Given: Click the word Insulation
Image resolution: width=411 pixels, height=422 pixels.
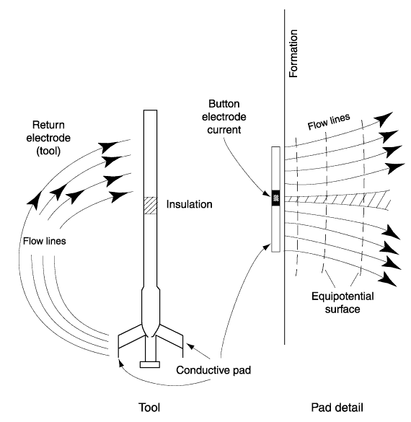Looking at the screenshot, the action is pos(189,204).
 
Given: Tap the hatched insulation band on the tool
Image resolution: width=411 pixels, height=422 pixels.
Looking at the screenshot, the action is pos(151,206).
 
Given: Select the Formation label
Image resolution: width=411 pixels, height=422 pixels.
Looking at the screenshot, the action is pos(293,53).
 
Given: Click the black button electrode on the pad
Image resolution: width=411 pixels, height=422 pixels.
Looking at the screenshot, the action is pos(275,198).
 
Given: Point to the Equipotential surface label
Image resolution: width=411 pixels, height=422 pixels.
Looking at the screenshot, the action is pos(342,302).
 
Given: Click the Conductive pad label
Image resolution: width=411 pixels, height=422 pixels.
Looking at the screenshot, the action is pos(213,370).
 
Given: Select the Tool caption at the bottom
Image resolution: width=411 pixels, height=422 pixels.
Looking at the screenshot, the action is pos(149,408).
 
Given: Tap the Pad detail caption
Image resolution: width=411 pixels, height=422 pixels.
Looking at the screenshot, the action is pos(337,408).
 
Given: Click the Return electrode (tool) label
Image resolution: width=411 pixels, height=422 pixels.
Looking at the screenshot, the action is pos(48,138).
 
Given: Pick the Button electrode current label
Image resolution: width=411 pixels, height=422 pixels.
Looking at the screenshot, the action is pos(224,117).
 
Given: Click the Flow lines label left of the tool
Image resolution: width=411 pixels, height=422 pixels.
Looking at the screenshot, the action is pos(45,241).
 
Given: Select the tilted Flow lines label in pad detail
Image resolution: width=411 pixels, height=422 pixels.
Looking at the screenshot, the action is pos(329,122).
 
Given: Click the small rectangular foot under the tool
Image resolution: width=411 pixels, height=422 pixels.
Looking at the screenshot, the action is pos(150,364).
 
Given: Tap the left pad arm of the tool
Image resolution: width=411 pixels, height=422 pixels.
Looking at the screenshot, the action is pos(131,336).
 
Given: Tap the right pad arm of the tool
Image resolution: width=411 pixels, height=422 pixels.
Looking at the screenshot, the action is pos(171,337).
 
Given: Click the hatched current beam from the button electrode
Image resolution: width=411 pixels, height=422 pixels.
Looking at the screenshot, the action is pos(336,200).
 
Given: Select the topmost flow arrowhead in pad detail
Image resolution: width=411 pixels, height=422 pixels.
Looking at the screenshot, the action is pos(384,119).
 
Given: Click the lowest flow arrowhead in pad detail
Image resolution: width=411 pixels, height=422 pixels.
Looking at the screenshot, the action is pos(388,279).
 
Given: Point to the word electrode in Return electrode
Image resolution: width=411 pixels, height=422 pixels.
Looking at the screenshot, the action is pos(48,138).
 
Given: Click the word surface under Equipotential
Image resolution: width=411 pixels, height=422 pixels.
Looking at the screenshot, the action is pos(342,309).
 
